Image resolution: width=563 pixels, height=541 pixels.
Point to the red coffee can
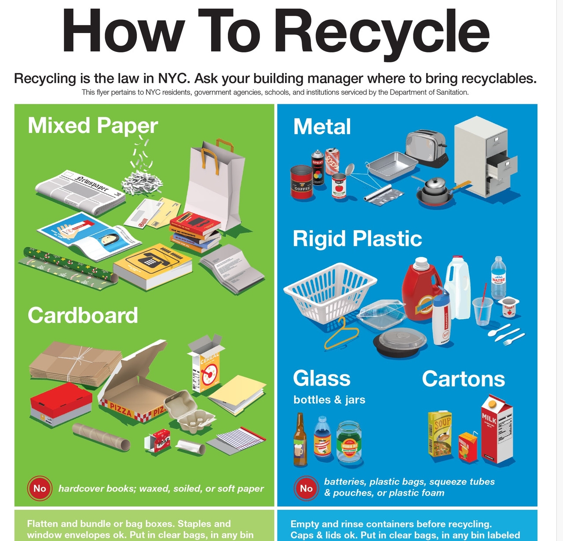(x=302, y=182)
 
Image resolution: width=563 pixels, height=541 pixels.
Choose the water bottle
(x=498, y=277)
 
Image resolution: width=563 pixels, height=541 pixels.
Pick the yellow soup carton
(x=440, y=434)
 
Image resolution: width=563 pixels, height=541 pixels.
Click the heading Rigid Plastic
(x=357, y=239)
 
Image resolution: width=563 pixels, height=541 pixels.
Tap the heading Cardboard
(x=83, y=315)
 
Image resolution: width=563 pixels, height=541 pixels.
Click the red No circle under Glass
(x=306, y=488)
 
